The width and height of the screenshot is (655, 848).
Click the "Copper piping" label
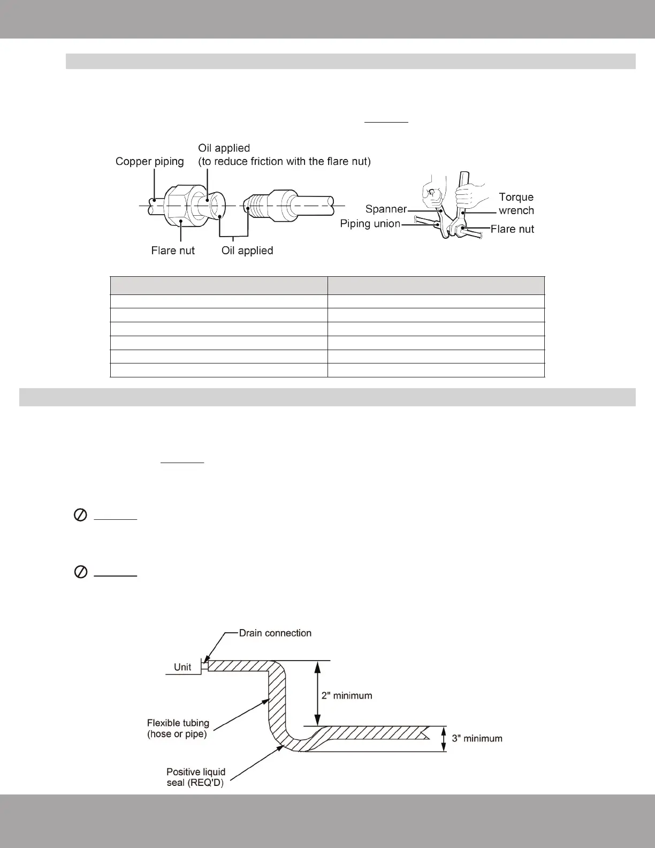(x=149, y=161)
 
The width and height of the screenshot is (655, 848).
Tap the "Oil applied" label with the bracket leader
(x=247, y=251)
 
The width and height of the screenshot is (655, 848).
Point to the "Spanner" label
(x=386, y=209)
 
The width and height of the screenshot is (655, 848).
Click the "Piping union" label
(x=370, y=223)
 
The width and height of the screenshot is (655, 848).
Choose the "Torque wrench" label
(x=516, y=204)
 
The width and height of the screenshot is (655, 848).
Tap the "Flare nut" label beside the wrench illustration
(x=512, y=229)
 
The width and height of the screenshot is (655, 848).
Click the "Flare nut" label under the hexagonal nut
(x=173, y=251)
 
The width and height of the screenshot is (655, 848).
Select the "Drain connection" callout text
(x=275, y=633)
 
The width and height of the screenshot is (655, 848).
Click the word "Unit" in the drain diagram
(x=182, y=667)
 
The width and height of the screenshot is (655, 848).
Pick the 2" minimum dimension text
(x=347, y=695)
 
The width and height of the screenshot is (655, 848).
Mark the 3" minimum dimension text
(x=477, y=738)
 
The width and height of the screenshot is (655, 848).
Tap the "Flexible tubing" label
(x=178, y=723)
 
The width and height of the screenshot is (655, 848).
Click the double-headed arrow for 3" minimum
(x=443, y=739)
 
